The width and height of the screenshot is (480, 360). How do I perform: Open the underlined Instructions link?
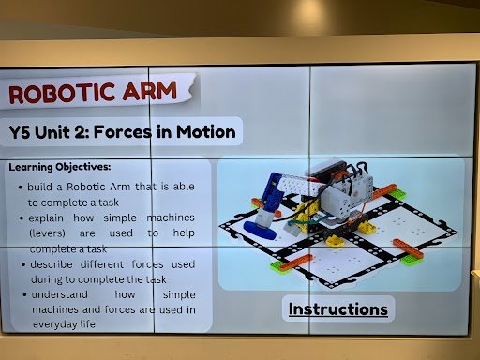pyautogui.click(x=337, y=308)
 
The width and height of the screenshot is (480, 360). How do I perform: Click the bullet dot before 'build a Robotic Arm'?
pyautogui.click(x=20, y=187)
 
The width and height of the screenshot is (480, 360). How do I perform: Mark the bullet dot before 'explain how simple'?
pyautogui.click(x=20, y=216)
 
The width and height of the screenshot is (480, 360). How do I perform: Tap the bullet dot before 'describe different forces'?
pyautogui.click(x=20, y=264)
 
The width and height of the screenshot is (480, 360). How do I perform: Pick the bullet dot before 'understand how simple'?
pyautogui.click(x=20, y=294)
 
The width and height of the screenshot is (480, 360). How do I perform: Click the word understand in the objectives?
pyautogui.click(x=59, y=294)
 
